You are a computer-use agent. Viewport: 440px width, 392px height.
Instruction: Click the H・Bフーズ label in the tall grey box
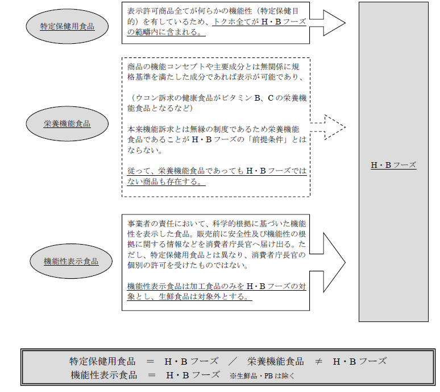click(x=393, y=165)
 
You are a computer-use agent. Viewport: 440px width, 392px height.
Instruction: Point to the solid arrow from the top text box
click(x=327, y=23)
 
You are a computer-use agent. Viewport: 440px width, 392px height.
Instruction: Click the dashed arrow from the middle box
click(x=328, y=127)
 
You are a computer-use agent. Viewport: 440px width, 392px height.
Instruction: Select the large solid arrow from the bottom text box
click(x=327, y=262)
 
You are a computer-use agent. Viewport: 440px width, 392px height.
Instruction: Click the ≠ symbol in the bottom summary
click(x=318, y=361)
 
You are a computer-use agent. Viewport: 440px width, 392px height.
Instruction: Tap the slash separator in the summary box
click(x=233, y=361)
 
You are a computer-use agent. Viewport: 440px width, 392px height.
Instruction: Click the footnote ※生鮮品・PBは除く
click(x=262, y=376)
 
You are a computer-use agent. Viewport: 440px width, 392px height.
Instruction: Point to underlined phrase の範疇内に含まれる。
click(x=166, y=32)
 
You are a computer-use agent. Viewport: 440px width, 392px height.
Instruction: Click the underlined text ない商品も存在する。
click(x=166, y=181)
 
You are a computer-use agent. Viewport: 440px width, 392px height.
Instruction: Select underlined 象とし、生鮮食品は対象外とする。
click(x=189, y=296)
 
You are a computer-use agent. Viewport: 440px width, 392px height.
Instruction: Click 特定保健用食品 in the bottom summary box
click(x=102, y=361)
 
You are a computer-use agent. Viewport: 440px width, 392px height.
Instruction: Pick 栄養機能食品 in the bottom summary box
click(x=276, y=361)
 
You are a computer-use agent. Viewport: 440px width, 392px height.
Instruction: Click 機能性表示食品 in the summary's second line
click(x=104, y=375)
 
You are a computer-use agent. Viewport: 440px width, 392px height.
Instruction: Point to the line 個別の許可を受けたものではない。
click(x=188, y=265)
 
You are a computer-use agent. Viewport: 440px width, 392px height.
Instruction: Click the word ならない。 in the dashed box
click(x=145, y=150)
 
